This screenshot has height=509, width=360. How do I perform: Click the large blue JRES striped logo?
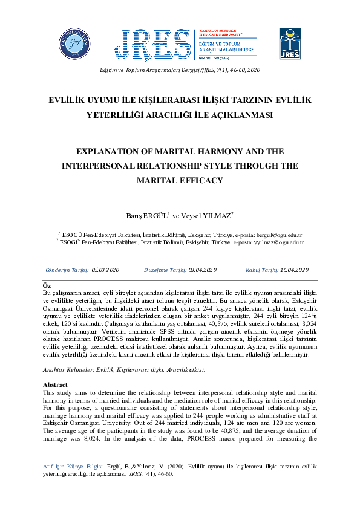(155, 44)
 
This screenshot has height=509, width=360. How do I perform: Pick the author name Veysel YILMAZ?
(211, 215)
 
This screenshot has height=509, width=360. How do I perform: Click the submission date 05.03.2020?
(106, 270)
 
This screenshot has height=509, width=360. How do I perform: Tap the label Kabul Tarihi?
(261, 270)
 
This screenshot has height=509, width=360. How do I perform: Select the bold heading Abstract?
(56, 384)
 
